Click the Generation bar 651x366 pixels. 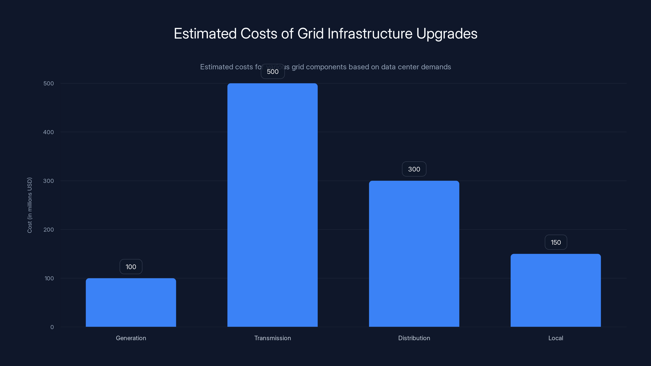pyautogui.click(x=131, y=302)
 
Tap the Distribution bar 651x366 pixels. pyautogui.click(x=414, y=254)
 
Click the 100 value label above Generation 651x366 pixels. pyautogui.click(x=131, y=267)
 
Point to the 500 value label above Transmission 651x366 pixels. pyautogui.click(x=273, y=72)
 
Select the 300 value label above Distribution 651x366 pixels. pyautogui.click(x=414, y=169)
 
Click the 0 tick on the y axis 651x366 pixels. pyautogui.click(x=52, y=327)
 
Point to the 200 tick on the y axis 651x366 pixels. pyautogui.click(x=49, y=230)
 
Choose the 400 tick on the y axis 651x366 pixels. pyautogui.click(x=49, y=132)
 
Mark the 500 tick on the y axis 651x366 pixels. pyautogui.click(x=49, y=83)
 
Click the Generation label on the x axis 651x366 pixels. pyautogui.click(x=131, y=338)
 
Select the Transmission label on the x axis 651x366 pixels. pyautogui.click(x=272, y=338)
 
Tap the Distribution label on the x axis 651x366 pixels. pyautogui.click(x=414, y=338)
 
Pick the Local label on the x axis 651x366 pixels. pyautogui.click(x=555, y=338)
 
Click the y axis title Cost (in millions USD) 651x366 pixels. pyautogui.click(x=29, y=205)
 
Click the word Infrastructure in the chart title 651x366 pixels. pyautogui.click(x=370, y=34)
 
